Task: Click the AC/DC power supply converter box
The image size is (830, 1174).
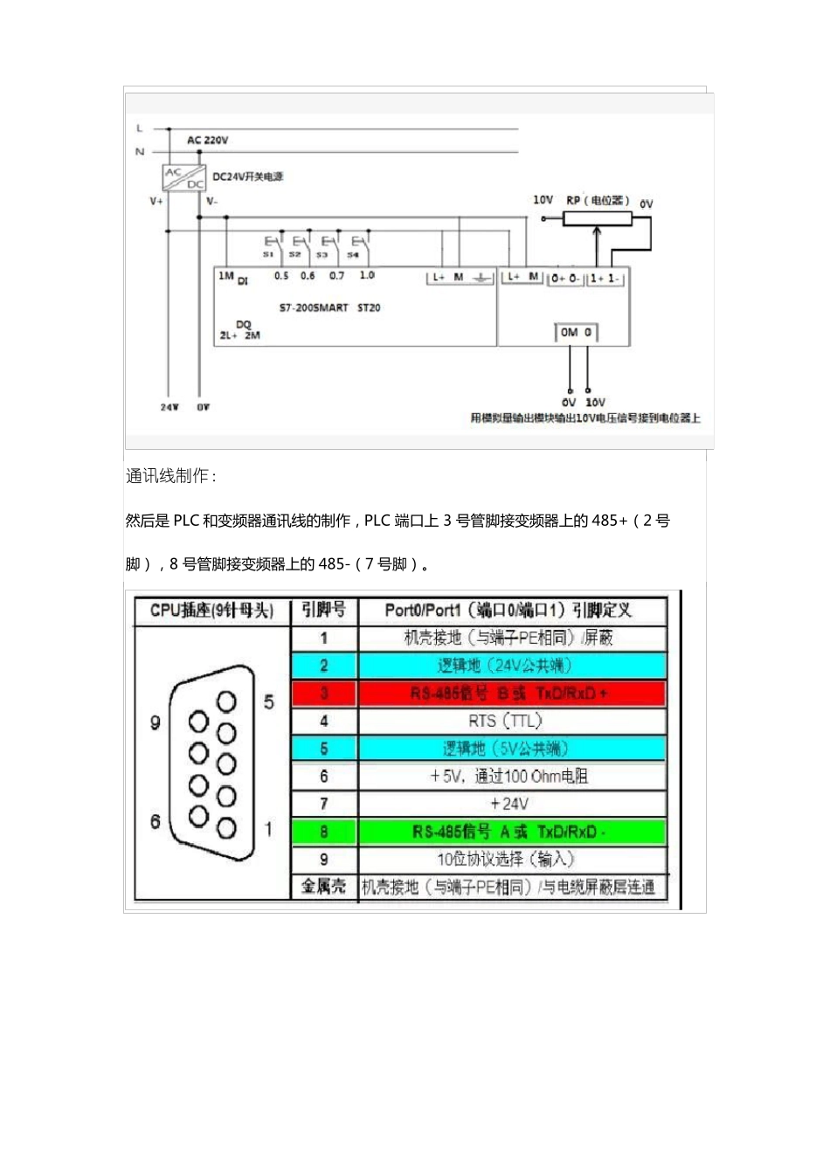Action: point(184,177)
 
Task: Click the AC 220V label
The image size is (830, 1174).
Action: point(207,140)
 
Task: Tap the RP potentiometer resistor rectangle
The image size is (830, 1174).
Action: point(597,218)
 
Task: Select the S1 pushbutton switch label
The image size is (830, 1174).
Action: point(268,254)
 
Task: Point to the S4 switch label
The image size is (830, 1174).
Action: point(353,255)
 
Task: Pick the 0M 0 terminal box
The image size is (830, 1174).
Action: point(576,333)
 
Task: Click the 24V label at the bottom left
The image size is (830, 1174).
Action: point(169,407)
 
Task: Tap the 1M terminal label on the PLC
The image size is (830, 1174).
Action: point(225,276)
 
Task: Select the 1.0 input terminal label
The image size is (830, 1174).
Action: point(367,275)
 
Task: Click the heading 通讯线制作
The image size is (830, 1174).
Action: point(170,476)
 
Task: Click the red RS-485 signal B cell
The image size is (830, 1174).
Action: point(511,694)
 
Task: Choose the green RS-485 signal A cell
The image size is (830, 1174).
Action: point(511,832)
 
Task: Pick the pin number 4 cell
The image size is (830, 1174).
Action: point(324,722)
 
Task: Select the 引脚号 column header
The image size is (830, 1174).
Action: point(324,610)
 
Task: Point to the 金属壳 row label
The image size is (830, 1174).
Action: point(324,887)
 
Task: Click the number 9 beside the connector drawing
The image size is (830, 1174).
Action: point(156,723)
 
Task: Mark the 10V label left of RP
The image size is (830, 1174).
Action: point(543,200)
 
